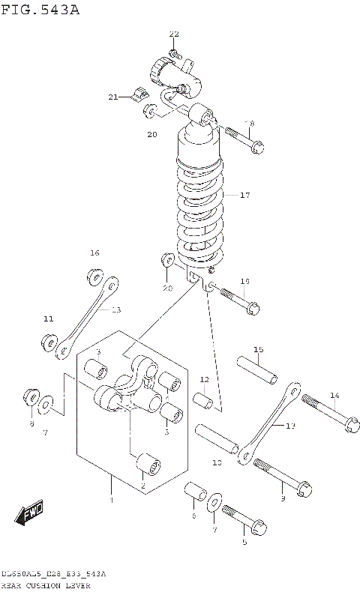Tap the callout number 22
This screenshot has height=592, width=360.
[174, 34]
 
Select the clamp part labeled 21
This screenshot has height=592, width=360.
[137, 94]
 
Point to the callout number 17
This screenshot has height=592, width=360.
[244, 195]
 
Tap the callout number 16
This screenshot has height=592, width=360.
[94, 253]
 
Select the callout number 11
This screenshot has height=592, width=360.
[49, 319]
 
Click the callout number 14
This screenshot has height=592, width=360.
[334, 395]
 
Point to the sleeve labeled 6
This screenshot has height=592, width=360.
[196, 494]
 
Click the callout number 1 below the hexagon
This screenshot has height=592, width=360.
[111, 500]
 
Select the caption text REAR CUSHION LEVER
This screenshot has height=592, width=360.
[46, 585]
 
